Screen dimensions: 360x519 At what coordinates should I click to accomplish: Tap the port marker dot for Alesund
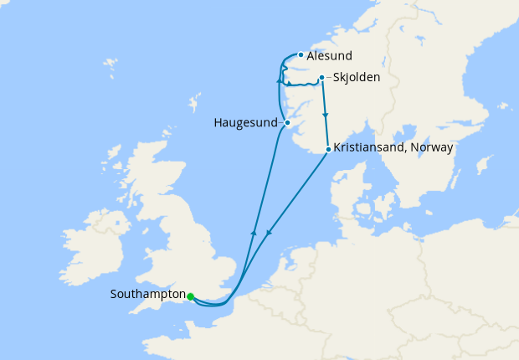pyautogui.click(x=301, y=55)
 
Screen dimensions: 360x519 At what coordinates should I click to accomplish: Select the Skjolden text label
pyautogui.click(x=357, y=78)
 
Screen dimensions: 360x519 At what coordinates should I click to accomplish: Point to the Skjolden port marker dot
pyautogui.click(x=321, y=79)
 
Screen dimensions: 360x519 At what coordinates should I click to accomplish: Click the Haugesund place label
pyautogui.click(x=244, y=123)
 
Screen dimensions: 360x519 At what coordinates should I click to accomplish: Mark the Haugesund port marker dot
pyautogui.click(x=287, y=123)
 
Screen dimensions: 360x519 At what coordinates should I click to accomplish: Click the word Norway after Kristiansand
pyautogui.click(x=431, y=147)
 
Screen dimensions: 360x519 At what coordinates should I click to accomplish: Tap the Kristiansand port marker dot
pyautogui.click(x=327, y=149)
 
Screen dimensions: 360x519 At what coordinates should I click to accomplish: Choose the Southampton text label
pyautogui.click(x=147, y=295)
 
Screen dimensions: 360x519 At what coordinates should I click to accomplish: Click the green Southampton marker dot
pyautogui.click(x=191, y=296)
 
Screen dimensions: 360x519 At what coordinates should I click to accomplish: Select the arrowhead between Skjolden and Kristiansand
pyautogui.click(x=325, y=115)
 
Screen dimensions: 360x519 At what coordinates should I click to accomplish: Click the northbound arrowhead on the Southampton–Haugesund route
pyautogui.click(x=253, y=233)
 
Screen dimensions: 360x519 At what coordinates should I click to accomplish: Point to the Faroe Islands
pyautogui.click(x=109, y=64)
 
